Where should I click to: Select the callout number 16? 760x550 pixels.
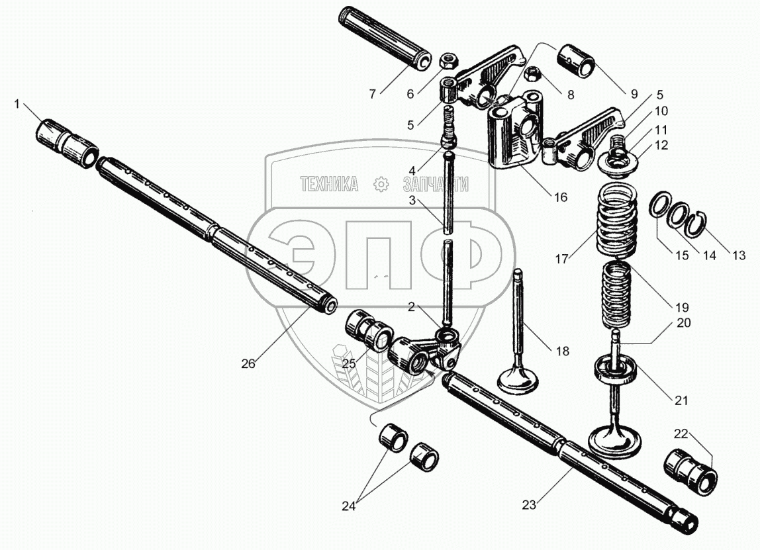560,197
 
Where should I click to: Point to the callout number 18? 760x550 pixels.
561,351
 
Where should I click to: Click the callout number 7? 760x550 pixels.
373,94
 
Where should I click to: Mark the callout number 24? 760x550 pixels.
348,506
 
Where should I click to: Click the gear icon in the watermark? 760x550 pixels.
380,184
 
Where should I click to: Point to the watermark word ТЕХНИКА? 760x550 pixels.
329,184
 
